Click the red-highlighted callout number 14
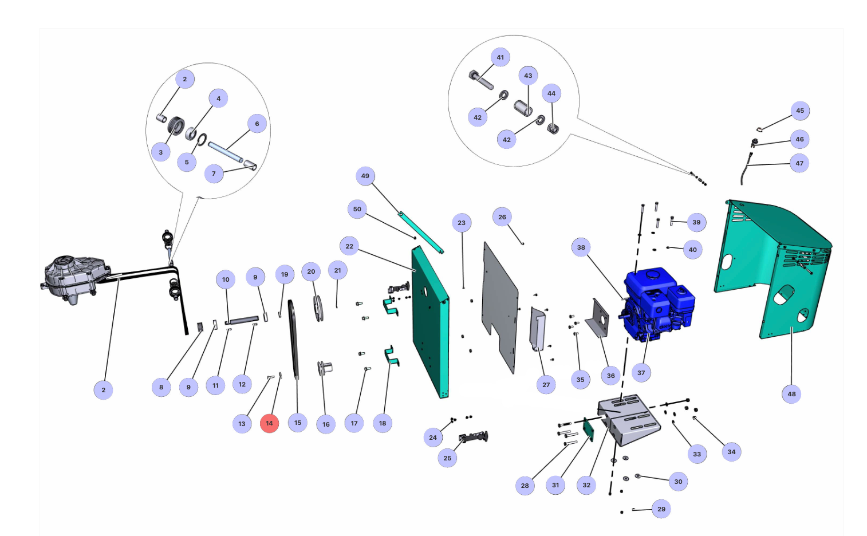pyautogui.click(x=269, y=423)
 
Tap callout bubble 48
pyautogui.click(x=791, y=394)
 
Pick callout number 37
pyautogui.click(x=641, y=373)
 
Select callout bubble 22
pyautogui.click(x=349, y=246)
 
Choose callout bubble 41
pyautogui.click(x=500, y=57)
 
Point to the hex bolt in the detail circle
pyautogui.click(x=480, y=80)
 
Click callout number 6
pyautogui.click(x=257, y=124)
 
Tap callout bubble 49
pyautogui.click(x=365, y=176)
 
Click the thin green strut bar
pyautogui.click(x=421, y=232)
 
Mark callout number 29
pyautogui.click(x=661, y=509)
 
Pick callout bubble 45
pyautogui.click(x=799, y=111)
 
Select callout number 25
pyautogui.click(x=447, y=458)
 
